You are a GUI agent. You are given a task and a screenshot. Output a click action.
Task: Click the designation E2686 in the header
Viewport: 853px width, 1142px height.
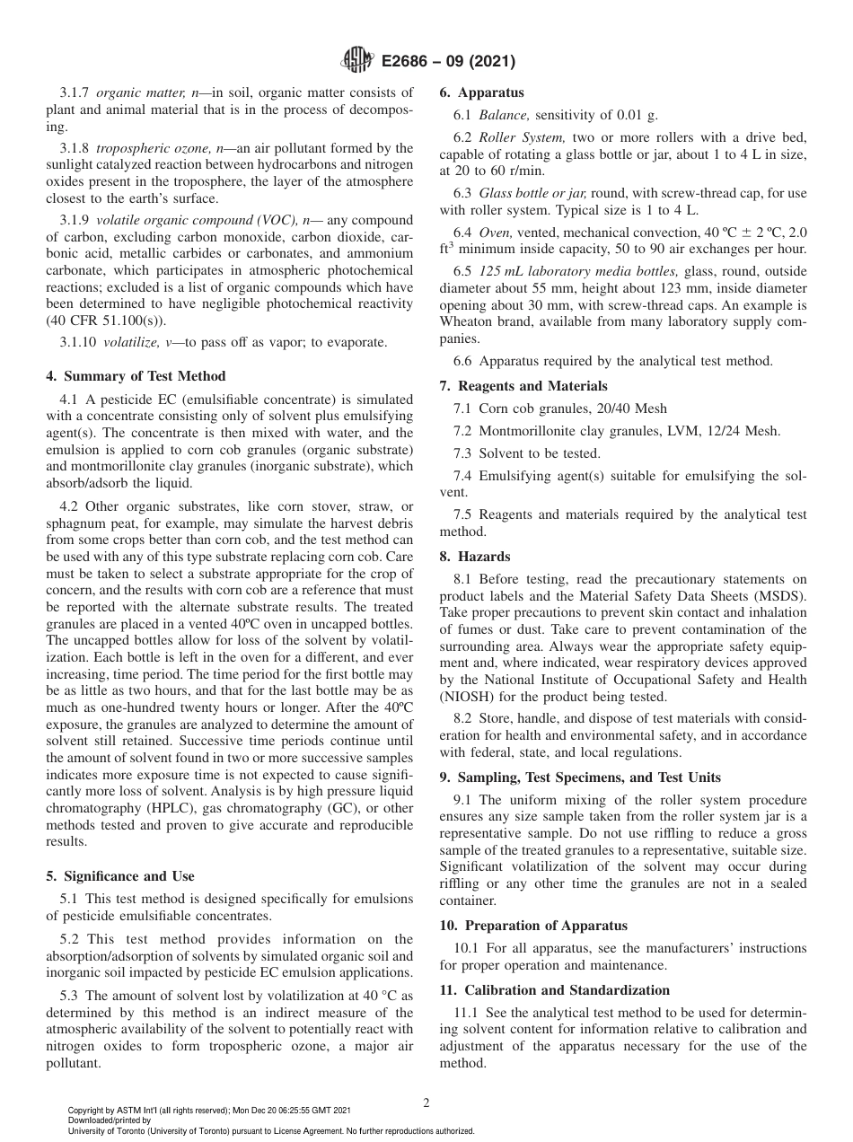tap(409, 62)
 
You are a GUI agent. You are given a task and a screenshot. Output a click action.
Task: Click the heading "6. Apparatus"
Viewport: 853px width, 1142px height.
tap(481, 92)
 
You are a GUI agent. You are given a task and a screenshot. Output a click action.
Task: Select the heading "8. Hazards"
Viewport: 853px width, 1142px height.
tap(475, 557)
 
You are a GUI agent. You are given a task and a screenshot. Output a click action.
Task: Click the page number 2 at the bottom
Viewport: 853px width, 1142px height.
tap(426, 1103)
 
